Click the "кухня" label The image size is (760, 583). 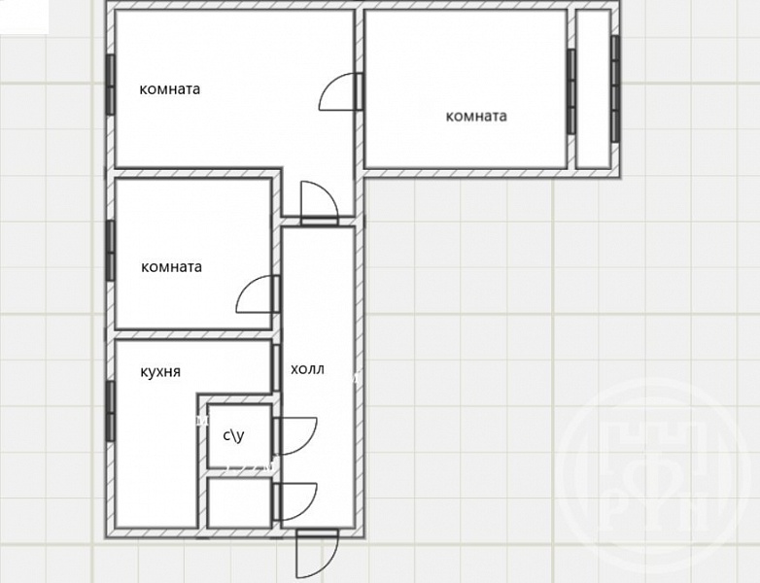click(x=160, y=372)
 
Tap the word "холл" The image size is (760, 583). click(x=307, y=369)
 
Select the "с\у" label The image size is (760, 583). click(x=233, y=435)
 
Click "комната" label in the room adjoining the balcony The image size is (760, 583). click(x=476, y=117)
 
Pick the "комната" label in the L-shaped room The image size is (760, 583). click(x=170, y=89)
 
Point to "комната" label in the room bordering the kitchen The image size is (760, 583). click(x=172, y=267)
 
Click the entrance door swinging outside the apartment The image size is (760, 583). click(x=317, y=553)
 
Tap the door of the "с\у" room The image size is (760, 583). click(x=295, y=435)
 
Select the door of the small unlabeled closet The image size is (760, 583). click(x=295, y=501)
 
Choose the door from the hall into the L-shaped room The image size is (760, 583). click(x=319, y=203)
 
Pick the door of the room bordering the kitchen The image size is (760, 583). click(x=258, y=294)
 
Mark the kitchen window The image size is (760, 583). click(x=110, y=411)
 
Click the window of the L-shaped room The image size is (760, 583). click(x=110, y=85)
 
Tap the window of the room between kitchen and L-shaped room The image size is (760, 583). click(x=110, y=251)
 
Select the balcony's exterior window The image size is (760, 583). click(x=615, y=88)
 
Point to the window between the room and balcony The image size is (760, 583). click(x=571, y=91)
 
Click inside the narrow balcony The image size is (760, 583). click(x=593, y=89)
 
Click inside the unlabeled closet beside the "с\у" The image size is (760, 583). click(x=239, y=502)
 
